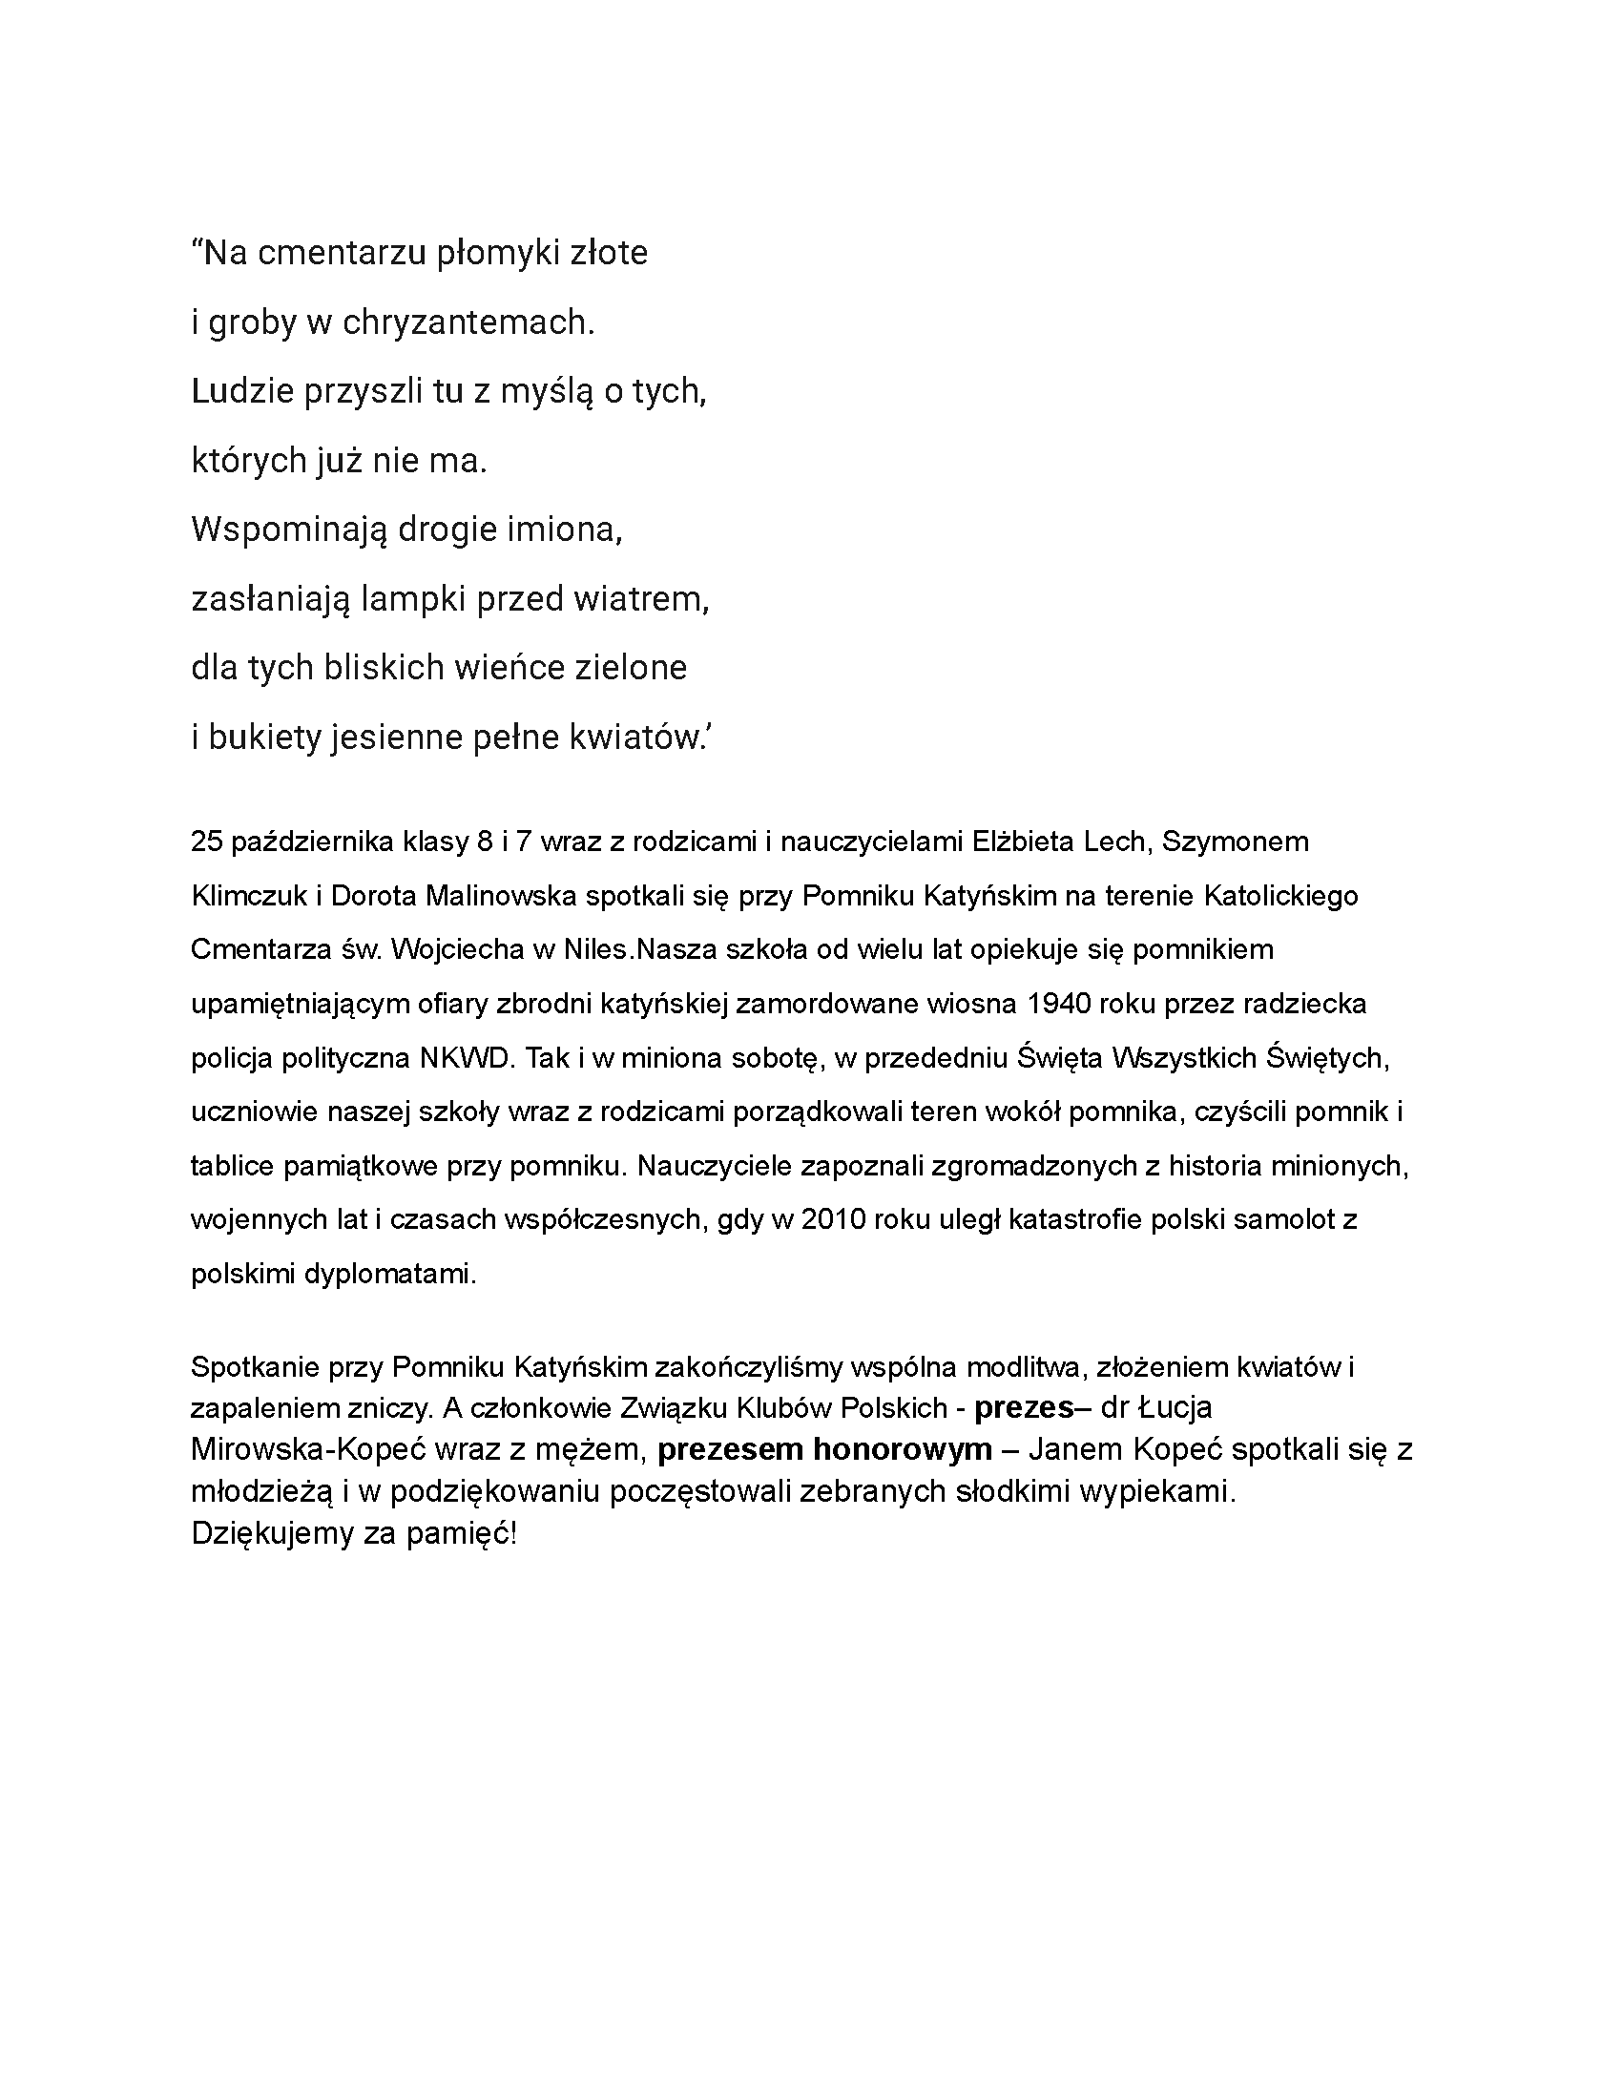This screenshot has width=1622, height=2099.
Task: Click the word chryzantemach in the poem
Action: click(468, 322)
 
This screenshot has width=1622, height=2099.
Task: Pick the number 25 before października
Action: click(207, 842)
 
